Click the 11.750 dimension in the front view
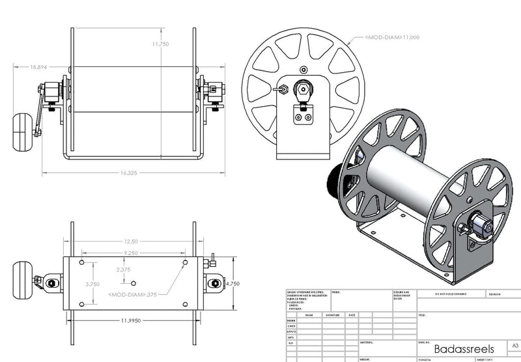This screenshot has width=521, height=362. coord(161,44)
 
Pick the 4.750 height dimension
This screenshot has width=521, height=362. coord(234,284)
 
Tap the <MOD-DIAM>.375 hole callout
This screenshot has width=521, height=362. coord(134,294)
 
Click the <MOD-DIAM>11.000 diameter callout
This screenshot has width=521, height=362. coord(391,37)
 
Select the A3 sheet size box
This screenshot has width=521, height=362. coord(514,345)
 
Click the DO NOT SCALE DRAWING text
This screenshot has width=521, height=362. coord(447,294)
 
